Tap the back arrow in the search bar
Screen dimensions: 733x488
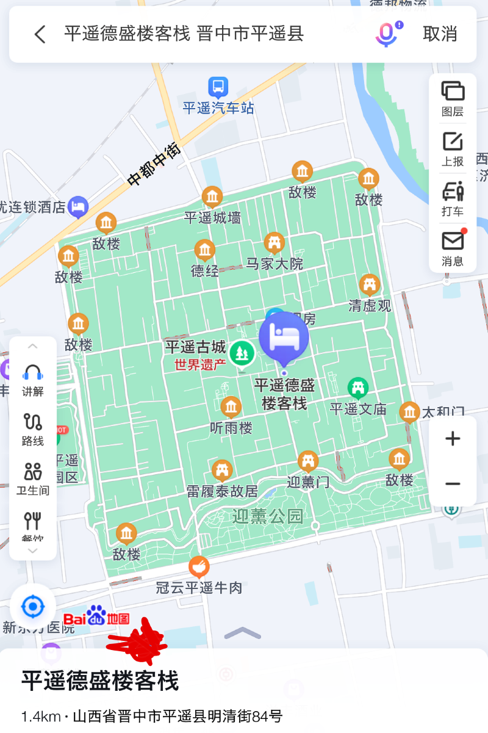click(x=40, y=34)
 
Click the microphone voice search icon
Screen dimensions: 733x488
click(x=386, y=34)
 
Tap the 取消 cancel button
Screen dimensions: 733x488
click(x=440, y=34)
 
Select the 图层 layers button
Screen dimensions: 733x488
click(x=453, y=98)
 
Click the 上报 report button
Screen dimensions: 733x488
click(x=453, y=148)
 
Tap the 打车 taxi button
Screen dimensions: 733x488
click(x=453, y=198)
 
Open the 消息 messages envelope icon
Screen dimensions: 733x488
click(x=453, y=248)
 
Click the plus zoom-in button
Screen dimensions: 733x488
click(x=453, y=438)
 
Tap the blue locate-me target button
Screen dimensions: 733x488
click(x=33, y=607)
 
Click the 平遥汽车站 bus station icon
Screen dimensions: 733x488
click(x=218, y=87)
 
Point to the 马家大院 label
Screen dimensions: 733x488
click(x=274, y=264)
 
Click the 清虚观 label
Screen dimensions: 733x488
click(x=370, y=305)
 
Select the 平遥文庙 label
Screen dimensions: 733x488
click(x=358, y=409)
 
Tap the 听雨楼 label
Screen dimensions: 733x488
click(x=231, y=428)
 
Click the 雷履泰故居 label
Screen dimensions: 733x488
click(x=222, y=491)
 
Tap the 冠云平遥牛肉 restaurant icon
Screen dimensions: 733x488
click(x=198, y=568)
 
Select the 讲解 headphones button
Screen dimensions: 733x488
click(x=33, y=380)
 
